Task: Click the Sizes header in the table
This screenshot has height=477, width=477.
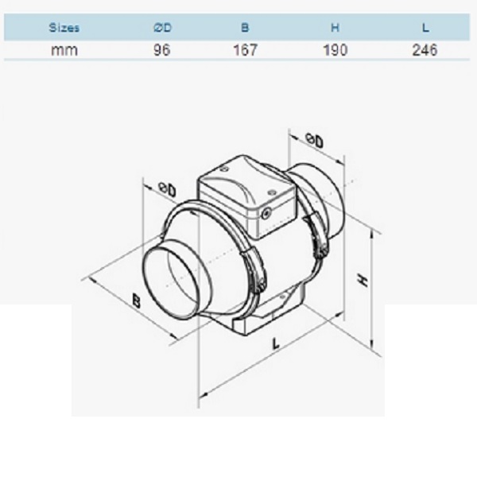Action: (x=64, y=28)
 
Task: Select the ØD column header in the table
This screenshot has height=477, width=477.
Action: (x=162, y=28)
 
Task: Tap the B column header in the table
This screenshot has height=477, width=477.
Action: (x=245, y=28)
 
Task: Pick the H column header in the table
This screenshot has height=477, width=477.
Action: (x=335, y=28)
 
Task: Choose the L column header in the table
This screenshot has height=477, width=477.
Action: (x=425, y=28)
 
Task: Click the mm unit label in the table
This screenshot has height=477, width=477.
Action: (x=64, y=50)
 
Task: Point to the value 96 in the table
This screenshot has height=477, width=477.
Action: (x=162, y=50)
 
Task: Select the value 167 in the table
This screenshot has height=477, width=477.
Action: (x=245, y=50)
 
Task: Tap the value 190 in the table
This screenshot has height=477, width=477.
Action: (x=335, y=50)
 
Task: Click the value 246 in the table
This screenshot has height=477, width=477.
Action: (x=425, y=50)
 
